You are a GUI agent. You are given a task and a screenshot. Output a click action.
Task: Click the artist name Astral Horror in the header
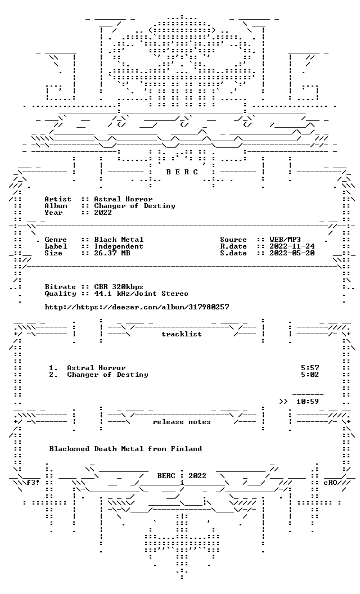[123, 199]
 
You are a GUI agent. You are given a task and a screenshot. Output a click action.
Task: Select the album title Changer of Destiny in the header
[134, 206]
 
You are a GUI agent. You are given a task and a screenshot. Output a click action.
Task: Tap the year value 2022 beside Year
[103, 213]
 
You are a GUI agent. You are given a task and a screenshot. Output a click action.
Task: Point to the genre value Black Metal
[119, 240]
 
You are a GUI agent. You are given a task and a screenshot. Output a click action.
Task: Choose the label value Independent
[119, 246]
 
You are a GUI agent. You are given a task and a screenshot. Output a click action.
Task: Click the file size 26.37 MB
[112, 253]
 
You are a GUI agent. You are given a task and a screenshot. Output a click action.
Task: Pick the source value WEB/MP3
[285, 240]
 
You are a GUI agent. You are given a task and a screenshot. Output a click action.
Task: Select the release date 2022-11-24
[292, 246]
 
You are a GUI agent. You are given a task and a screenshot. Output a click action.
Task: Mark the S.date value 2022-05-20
[292, 253]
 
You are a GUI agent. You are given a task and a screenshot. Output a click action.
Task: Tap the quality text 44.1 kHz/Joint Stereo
[141, 294]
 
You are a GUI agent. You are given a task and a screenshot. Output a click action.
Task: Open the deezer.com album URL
[137, 307]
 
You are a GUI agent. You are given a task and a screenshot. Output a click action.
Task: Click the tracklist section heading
[182, 334]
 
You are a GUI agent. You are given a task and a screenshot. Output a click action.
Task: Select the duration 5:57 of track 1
[310, 368]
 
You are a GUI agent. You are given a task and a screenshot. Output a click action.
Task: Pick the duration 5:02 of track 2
[310, 375]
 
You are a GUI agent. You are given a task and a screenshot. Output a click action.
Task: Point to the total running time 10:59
[308, 402]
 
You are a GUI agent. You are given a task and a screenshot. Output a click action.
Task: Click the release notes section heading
[182, 422]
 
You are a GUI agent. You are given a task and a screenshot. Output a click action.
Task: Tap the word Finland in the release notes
[186, 449]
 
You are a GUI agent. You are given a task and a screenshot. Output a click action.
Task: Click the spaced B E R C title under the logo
[182, 172]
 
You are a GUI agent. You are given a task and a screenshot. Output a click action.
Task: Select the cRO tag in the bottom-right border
[330, 483]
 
